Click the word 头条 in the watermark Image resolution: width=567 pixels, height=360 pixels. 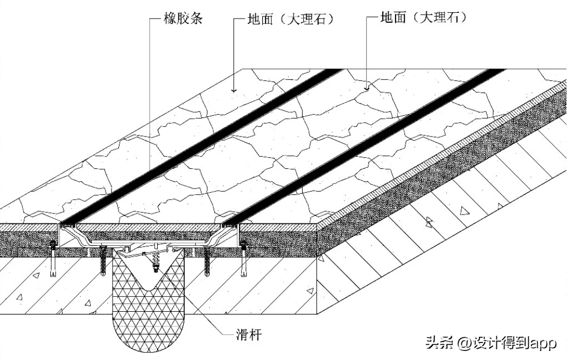(x=439, y=343)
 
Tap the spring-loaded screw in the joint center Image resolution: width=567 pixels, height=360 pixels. (x=156, y=262)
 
